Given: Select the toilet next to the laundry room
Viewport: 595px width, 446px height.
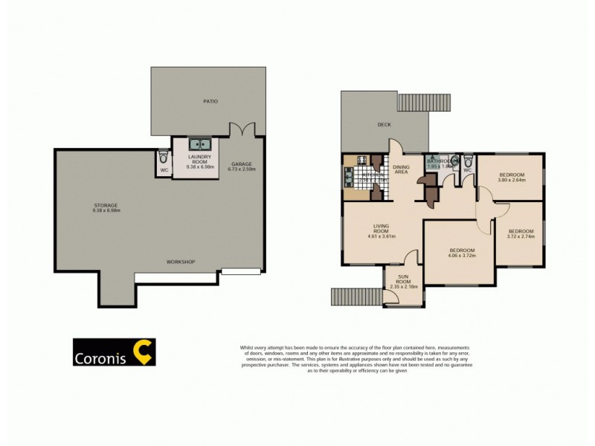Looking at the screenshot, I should coord(163,157).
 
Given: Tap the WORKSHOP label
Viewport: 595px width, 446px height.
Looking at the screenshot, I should coord(180,262).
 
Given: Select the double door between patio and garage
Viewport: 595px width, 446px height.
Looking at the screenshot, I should coord(243,129).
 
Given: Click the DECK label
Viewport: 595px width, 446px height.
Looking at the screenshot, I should coord(384,125).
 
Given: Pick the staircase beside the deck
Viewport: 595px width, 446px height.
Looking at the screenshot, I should coord(425,102).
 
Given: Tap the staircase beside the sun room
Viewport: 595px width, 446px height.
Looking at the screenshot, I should coord(356,296).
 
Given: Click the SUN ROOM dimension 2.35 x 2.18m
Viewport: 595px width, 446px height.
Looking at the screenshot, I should coord(402,286).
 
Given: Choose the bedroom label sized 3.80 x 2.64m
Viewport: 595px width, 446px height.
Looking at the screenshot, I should coord(511,179).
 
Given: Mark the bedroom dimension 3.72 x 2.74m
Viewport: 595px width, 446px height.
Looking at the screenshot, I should coord(521,236).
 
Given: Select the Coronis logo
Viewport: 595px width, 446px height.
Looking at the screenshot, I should coord(114,352).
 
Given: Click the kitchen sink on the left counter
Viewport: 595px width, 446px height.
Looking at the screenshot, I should coord(347,178).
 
